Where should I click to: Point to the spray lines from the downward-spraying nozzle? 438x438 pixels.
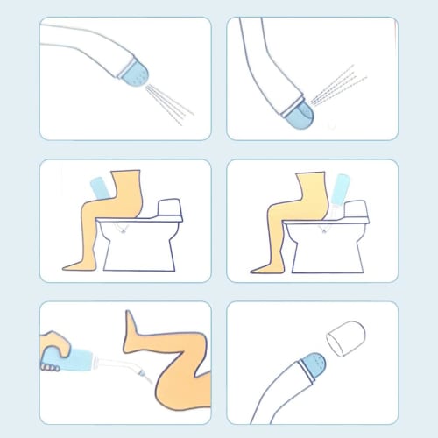point(170,103)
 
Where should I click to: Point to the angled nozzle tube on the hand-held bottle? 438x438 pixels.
point(127,368)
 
